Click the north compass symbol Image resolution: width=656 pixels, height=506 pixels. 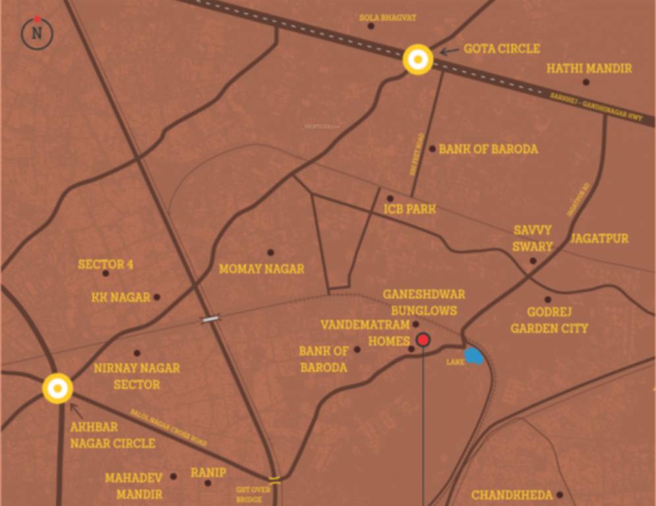(37, 32)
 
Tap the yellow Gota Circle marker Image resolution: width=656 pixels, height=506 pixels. (418, 60)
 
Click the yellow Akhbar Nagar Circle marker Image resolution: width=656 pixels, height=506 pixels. (57, 388)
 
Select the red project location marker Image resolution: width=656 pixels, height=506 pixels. (423, 340)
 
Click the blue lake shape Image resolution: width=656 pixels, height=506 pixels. (474, 356)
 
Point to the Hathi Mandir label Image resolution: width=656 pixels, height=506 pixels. (589, 69)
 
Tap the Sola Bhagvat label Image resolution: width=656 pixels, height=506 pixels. (388, 17)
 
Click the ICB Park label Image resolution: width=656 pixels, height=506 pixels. (409, 210)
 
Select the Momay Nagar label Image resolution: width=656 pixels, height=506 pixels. (262, 269)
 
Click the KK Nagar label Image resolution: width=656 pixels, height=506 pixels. (121, 297)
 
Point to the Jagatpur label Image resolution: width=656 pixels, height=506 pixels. (599, 238)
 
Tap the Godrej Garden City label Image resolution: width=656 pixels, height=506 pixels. (549, 320)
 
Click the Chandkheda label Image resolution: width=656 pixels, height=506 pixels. (512, 495)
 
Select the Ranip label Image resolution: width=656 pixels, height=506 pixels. (208, 472)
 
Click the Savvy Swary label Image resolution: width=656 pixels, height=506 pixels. (533, 239)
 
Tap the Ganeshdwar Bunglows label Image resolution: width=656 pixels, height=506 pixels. (424, 302)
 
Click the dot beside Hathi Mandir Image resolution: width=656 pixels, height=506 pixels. (585, 82)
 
